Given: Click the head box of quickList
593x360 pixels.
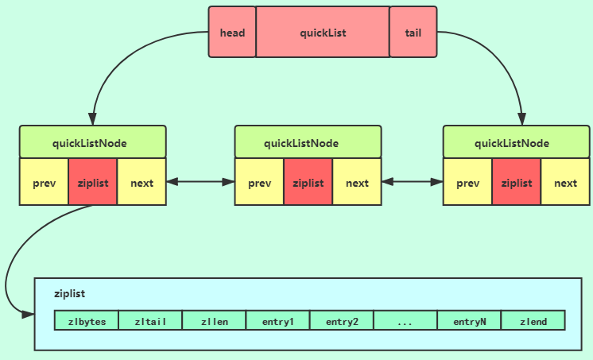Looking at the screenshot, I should pyautogui.click(x=232, y=33).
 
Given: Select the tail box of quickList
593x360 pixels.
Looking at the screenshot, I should pyautogui.click(x=413, y=33).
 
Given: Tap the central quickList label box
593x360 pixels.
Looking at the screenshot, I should pyautogui.click(x=323, y=33).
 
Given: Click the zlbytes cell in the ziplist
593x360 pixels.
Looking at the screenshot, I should pyautogui.click(x=87, y=321).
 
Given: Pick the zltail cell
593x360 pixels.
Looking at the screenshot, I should pyautogui.click(x=150, y=321).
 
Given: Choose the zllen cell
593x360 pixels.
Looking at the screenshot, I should pyautogui.click(x=214, y=321).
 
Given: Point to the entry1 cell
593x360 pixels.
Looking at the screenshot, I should pyautogui.click(x=277, y=321).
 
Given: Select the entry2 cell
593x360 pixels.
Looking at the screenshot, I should pyautogui.click(x=342, y=321).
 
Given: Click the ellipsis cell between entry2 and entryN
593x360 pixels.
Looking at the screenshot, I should pyautogui.click(x=405, y=321).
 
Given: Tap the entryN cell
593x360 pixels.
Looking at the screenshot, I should pyautogui.click(x=469, y=321).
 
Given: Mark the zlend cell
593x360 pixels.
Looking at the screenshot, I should pyautogui.click(x=533, y=321).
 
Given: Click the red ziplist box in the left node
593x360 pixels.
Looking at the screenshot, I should pyautogui.click(x=93, y=182).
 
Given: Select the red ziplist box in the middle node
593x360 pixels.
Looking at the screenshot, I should pyautogui.click(x=308, y=182).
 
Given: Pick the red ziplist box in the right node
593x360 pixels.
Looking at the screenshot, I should pyautogui.click(x=516, y=182).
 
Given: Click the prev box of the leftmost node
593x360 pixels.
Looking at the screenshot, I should pyautogui.click(x=45, y=182).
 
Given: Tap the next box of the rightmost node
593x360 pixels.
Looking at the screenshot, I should pyautogui.click(x=565, y=182).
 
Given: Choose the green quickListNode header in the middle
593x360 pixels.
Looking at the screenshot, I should pyautogui.click(x=308, y=142).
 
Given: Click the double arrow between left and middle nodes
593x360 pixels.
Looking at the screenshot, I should pyautogui.click(x=200, y=182).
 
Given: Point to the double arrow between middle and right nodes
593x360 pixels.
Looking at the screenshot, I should pyautogui.click(x=412, y=182).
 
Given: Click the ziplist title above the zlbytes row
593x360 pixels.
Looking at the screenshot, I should pyautogui.click(x=70, y=293).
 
